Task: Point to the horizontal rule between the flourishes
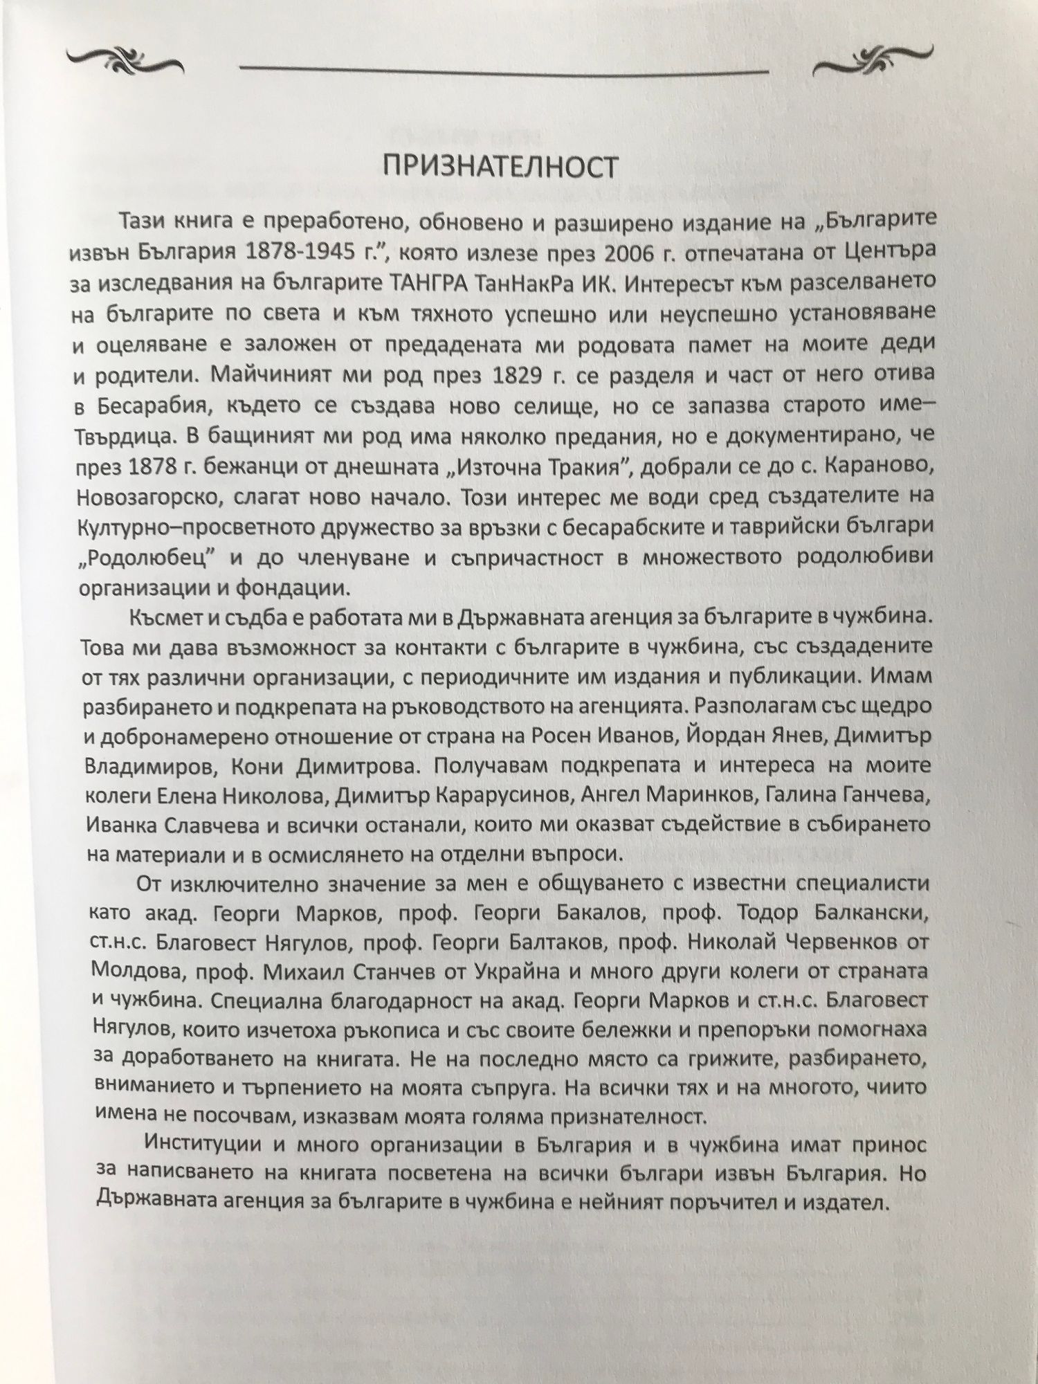click(x=503, y=69)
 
